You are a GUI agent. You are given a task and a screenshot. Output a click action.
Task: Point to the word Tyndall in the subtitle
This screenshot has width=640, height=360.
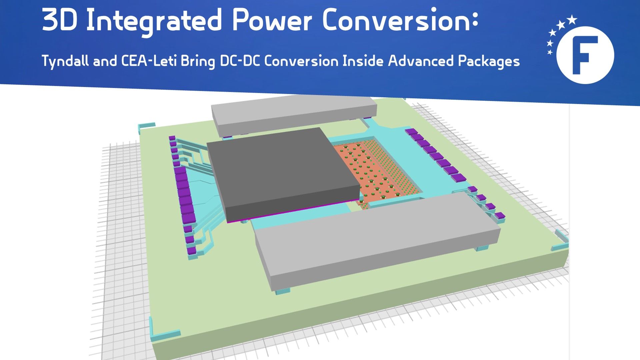(65, 61)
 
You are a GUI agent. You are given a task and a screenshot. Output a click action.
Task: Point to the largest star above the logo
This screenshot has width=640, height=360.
(572, 19)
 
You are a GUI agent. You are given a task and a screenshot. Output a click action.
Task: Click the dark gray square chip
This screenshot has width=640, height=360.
(283, 173)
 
